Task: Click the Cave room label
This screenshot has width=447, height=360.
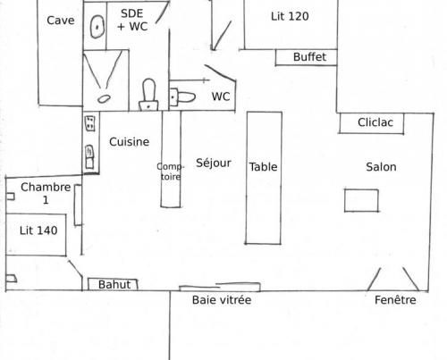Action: pos(61,21)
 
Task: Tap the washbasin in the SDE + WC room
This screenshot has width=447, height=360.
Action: pos(97,27)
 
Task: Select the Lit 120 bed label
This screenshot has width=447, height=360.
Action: pos(290,16)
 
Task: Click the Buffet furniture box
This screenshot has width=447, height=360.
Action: pos(307,57)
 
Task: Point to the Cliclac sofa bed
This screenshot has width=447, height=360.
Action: pos(372,122)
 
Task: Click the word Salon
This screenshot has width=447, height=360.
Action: pos(381,167)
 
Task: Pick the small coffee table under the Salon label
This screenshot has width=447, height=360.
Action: pos(361,200)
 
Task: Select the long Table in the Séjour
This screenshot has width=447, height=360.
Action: pos(264,178)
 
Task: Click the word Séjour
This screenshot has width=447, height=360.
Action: pos(214,163)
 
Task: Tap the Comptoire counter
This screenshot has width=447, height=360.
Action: pos(171,159)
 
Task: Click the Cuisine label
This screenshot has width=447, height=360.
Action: pos(129,142)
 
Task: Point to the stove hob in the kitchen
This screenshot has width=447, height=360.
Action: pos(90,123)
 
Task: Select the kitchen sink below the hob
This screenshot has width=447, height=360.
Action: pos(89,157)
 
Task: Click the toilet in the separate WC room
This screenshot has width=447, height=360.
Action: pos(182,96)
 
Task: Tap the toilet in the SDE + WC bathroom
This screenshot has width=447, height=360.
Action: pos(148,95)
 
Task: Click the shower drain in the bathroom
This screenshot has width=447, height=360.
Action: pos(104,98)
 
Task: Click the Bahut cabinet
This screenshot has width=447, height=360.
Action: pos(113,284)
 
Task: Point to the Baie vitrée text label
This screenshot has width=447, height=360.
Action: pos(222,300)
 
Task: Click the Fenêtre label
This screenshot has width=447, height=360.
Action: pos(395,300)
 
